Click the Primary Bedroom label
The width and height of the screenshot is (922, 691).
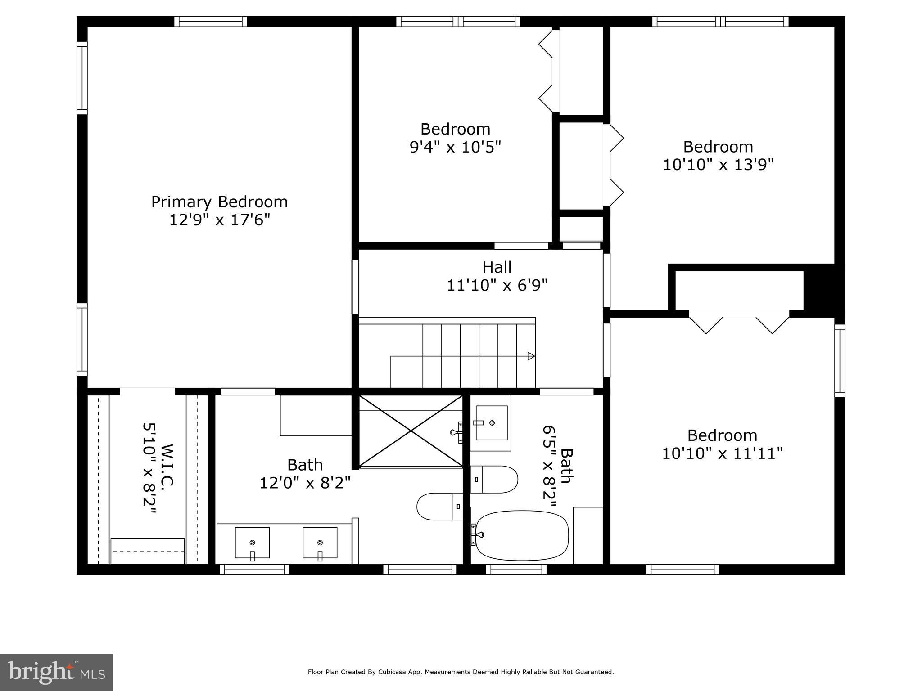click(219, 202)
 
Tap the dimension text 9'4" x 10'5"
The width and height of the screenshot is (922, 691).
click(455, 147)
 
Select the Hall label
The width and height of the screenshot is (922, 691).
click(497, 267)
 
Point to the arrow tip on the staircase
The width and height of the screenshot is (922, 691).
click(532, 356)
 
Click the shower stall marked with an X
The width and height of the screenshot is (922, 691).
click(411, 431)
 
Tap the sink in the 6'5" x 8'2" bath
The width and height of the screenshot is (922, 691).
click(492, 423)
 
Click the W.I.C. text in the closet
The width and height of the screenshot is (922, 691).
click(167, 465)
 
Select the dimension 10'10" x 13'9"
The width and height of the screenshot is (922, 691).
click(718, 165)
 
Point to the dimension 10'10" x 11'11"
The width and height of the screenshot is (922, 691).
click(722, 453)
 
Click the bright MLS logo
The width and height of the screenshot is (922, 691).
click(56, 672)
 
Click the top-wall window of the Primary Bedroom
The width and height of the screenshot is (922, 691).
click(211, 21)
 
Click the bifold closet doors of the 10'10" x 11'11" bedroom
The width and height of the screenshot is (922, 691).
click(739, 322)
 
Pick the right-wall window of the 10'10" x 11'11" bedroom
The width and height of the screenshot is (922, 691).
click(840, 360)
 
